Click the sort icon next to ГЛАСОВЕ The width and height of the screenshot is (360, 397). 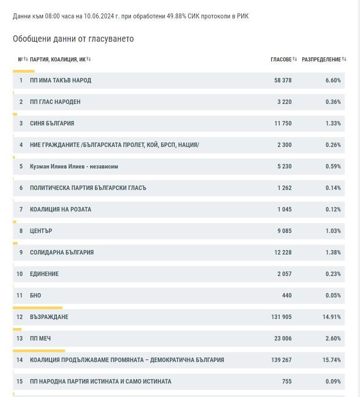pyautogui.click(x=295, y=59)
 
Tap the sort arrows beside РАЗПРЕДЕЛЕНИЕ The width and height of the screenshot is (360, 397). pyautogui.click(x=344, y=59)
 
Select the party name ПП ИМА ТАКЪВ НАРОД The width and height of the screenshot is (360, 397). pyautogui.click(x=61, y=81)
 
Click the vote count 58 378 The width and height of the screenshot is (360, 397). pyautogui.click(x=283, y=81)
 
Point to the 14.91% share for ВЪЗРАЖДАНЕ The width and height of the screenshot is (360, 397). pyautogui.click(x=331, y=317)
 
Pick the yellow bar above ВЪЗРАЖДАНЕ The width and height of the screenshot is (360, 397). pyautogui.click(x=38, y=308)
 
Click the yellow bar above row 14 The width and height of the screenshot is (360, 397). pyautogui.click(x=39, y=351)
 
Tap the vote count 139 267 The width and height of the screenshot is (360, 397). pyautogui.click(x=281, y=360)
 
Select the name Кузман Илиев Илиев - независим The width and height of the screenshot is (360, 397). pyautogui.click(x=74, y=167)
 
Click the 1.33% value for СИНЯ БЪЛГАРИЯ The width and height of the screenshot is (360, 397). pyautogui.click(x=333, y=124)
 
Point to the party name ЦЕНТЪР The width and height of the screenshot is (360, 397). pyautogui.click(x=41, y=231)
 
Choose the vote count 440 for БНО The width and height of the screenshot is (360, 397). pyautogui.click(x=287, y=295)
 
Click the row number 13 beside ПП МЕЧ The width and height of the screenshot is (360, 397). pyautogui.click(x=20, y=338)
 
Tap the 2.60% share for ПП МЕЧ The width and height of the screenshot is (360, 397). pyautogui.click(x=333, y=338)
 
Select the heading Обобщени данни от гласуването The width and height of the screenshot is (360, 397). pyautogui.click(x=73, y=39)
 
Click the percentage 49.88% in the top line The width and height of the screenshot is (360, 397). pyautogui.click(x=176, y=16)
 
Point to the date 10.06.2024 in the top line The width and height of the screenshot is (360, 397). pyautogui.click(x=99, y=16)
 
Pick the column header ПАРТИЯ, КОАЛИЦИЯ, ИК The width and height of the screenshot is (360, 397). pyautogui.click(x=58, y=60)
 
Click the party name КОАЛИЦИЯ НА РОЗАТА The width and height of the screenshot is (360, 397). pyautogui.click(x=61, y=210)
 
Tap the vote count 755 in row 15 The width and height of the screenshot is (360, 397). pyautogui.click(x=287, y=382)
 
